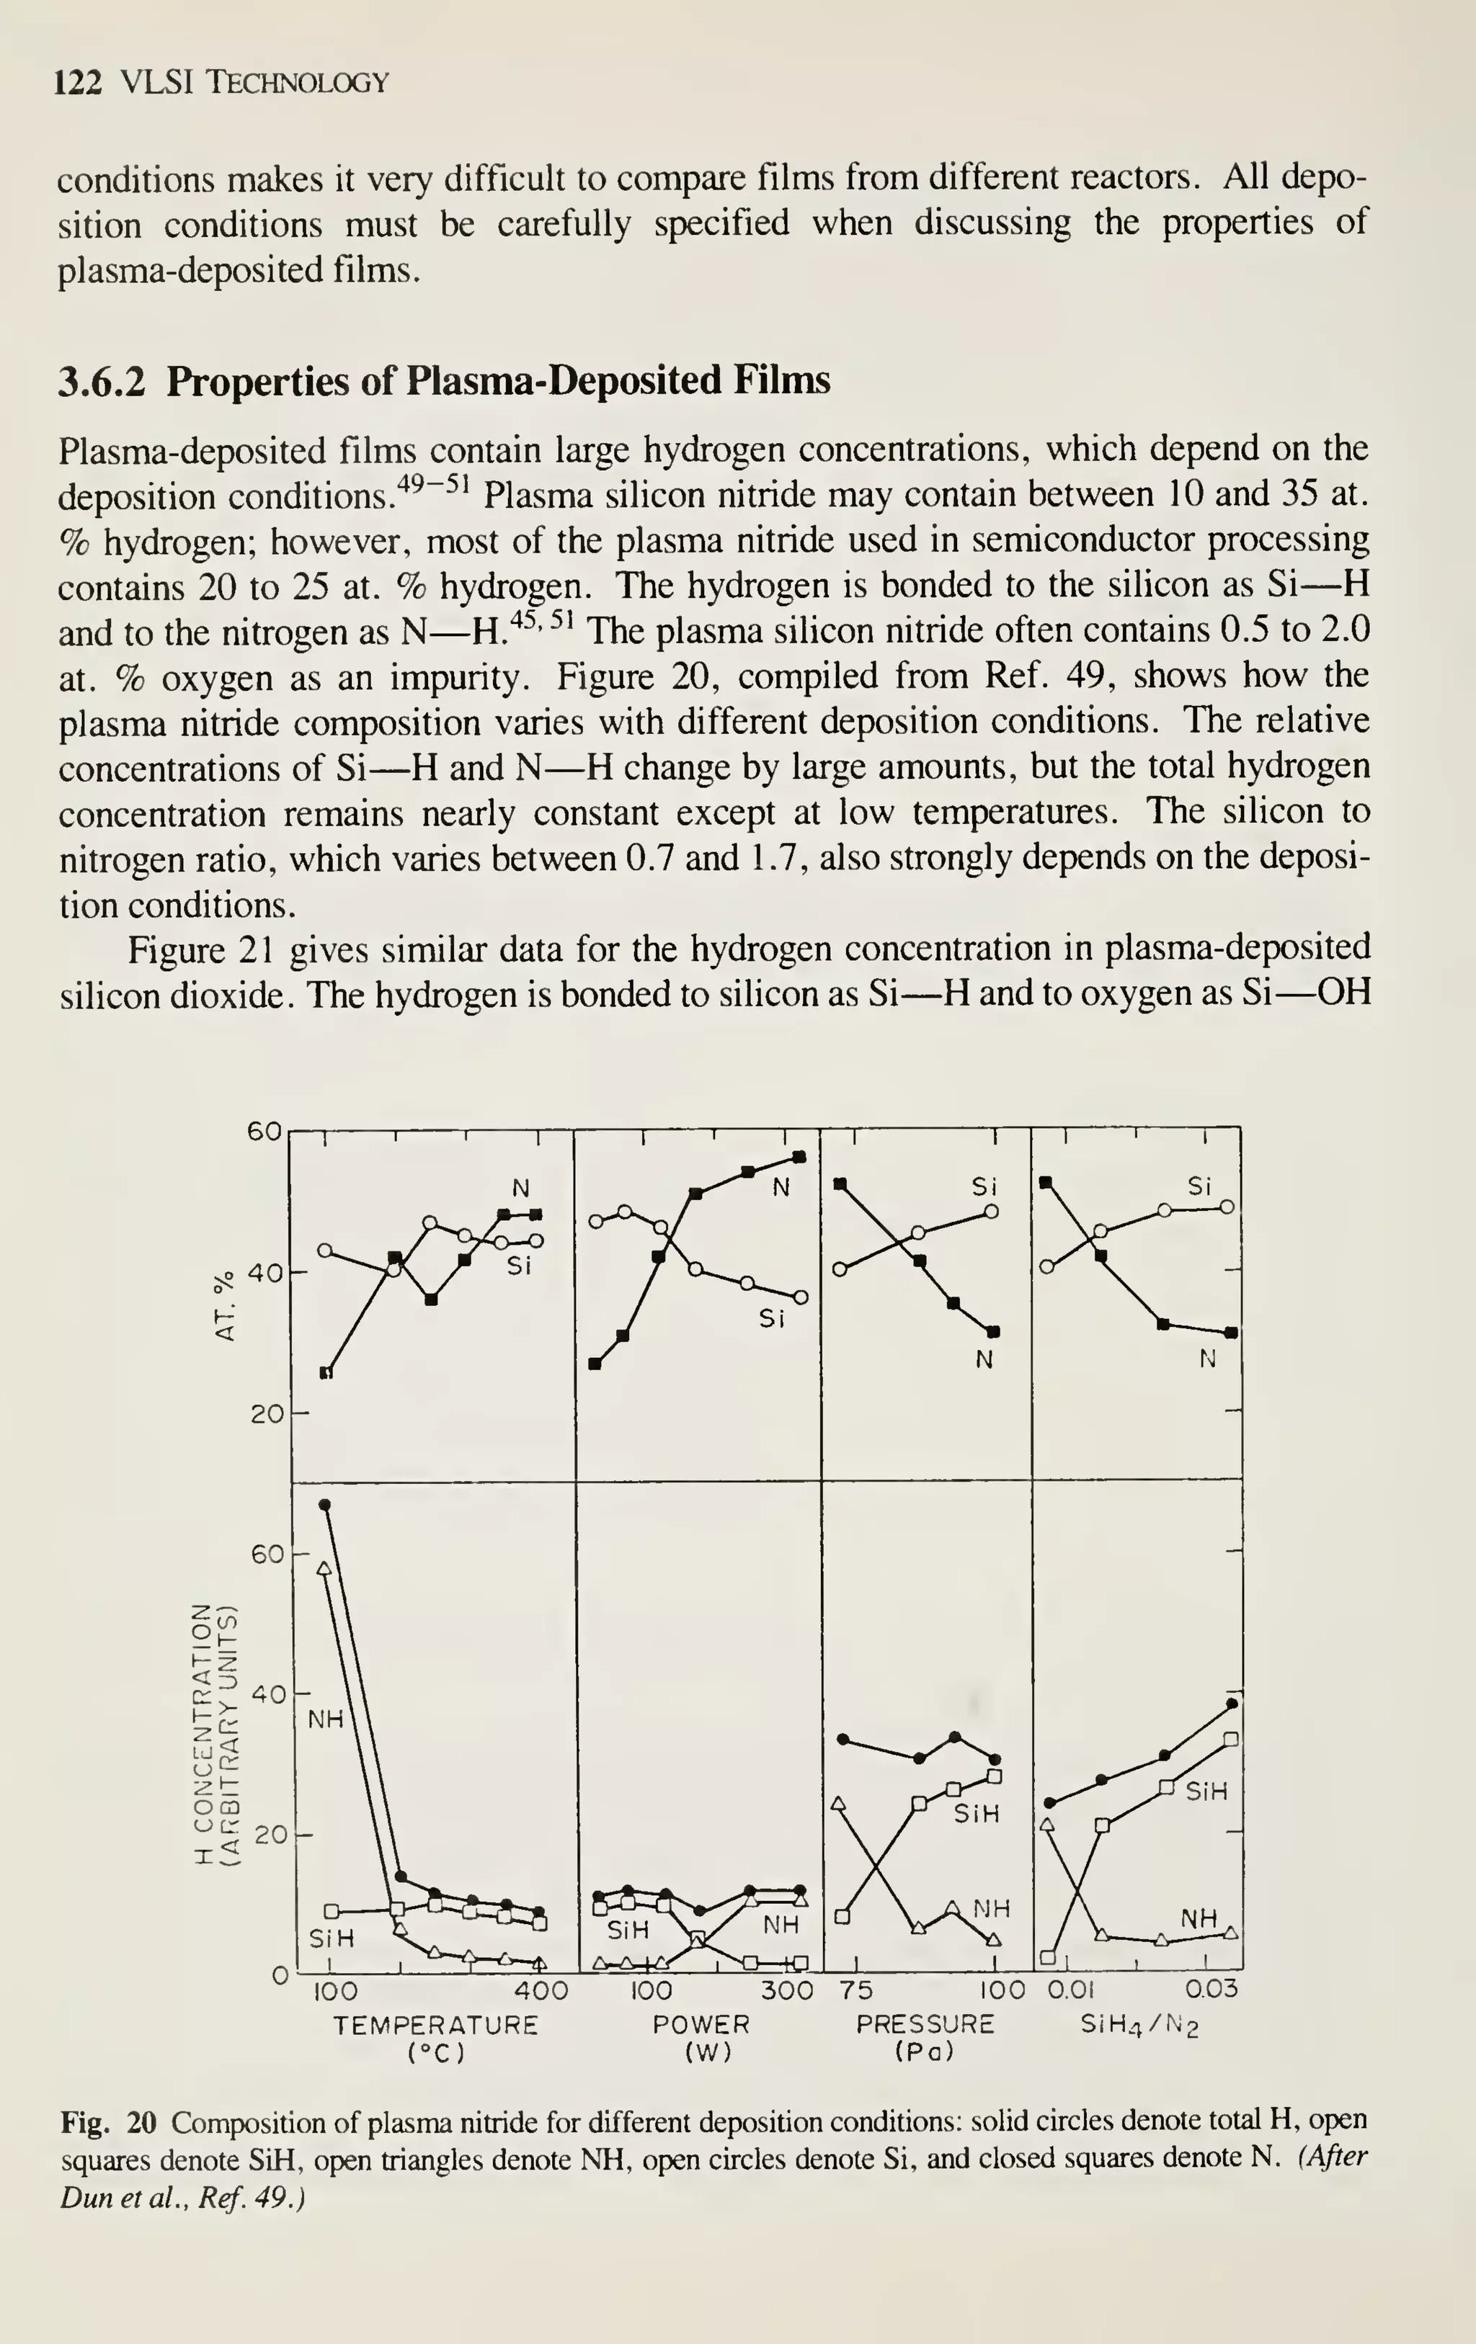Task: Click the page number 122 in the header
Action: click(x=78, y=83)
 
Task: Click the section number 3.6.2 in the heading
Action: click(x=101, y=380)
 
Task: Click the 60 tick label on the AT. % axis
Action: click(x=264, y=1131)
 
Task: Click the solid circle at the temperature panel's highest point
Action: click(x=325, y=1504)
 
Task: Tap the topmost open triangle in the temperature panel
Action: click(x=324, y=1568)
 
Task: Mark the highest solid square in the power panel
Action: click(x=799, y=1156)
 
